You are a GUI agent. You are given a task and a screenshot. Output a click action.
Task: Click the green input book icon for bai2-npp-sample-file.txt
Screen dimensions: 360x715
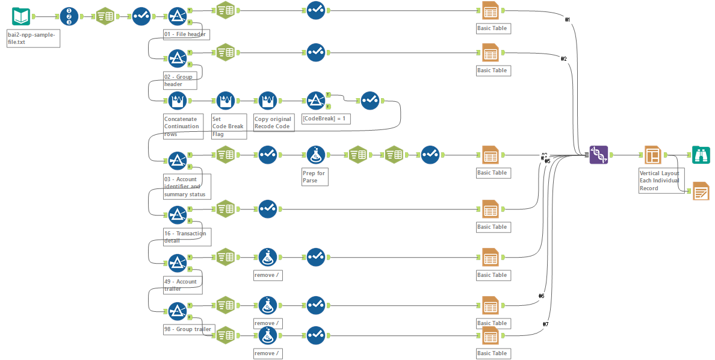[x=21, y=16]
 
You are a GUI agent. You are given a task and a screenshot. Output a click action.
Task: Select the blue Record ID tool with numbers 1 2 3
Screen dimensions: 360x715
[x=69, y=16]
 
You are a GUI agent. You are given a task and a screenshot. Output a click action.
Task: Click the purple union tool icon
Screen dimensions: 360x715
[x=599, y=155]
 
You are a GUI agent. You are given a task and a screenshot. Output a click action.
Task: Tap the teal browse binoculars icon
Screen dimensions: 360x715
[x=701, y=155]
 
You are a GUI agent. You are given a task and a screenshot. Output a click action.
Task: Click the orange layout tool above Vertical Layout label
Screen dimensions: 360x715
[x=652, y=155]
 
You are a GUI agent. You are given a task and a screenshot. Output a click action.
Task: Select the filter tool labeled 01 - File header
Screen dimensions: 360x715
[x=177, y=16]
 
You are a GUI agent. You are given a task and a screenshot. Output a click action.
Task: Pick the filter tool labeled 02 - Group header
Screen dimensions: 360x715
[x=177, y=58]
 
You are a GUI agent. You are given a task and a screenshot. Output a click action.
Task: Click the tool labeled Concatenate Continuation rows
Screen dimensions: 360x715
[x=177, y=101]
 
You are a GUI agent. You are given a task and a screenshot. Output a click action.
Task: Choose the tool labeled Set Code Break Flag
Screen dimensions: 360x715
[x=225, y=101]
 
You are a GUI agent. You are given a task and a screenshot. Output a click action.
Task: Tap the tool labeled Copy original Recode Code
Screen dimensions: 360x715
[x=267, y=101]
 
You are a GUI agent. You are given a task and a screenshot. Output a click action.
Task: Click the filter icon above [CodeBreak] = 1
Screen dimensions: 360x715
[x=315, y=101]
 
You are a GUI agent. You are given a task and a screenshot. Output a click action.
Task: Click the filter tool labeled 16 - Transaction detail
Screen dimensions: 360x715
[x=177, y=215]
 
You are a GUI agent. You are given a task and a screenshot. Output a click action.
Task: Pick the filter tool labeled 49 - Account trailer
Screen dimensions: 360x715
[x=177, y=263]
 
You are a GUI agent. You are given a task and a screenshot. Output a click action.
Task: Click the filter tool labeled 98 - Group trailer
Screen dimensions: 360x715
[x=177, y=311]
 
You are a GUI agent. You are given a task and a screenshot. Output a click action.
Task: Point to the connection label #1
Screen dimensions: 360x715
[x=567, y=20]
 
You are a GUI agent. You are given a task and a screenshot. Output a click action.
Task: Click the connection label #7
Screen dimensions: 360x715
[x=545, y=324]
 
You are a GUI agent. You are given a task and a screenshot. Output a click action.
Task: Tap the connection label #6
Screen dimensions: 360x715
[x=541, y=296]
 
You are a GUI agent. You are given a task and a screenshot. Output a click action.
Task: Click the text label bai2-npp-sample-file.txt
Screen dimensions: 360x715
[x=33, y=39]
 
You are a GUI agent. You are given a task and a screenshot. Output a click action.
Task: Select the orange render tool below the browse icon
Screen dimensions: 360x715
[x=701, y=191]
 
